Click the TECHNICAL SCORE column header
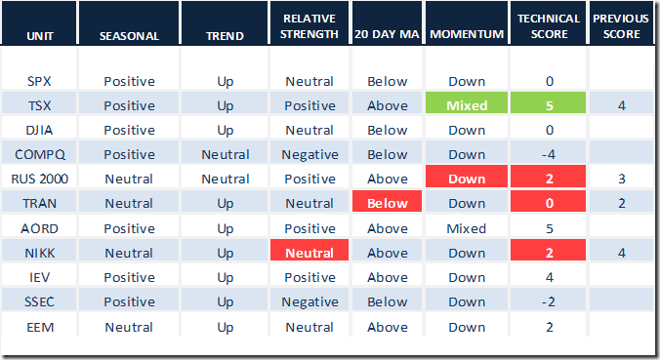click(549, 26)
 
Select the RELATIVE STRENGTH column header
click(309, 26)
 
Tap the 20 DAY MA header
click(387, 34)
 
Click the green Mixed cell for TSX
click(467, 102)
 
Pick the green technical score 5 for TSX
click(548, 102)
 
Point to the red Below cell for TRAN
click(387, 201)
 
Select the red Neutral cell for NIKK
click(309, 250)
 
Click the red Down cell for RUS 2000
click(467, 177)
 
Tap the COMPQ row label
click(40, 154)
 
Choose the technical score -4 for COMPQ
click(549, 154)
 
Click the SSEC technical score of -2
click(549, 301)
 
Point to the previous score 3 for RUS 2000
click(622, 179)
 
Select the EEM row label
click(40, 327)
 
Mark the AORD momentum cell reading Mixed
click(467, 228)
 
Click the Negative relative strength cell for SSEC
click(309, 302)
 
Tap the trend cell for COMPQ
click(226, 154)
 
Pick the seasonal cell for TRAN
click(129, 203)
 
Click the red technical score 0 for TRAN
click(548, 201)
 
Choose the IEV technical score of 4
click(550, 277)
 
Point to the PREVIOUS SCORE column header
click(621, 26)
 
